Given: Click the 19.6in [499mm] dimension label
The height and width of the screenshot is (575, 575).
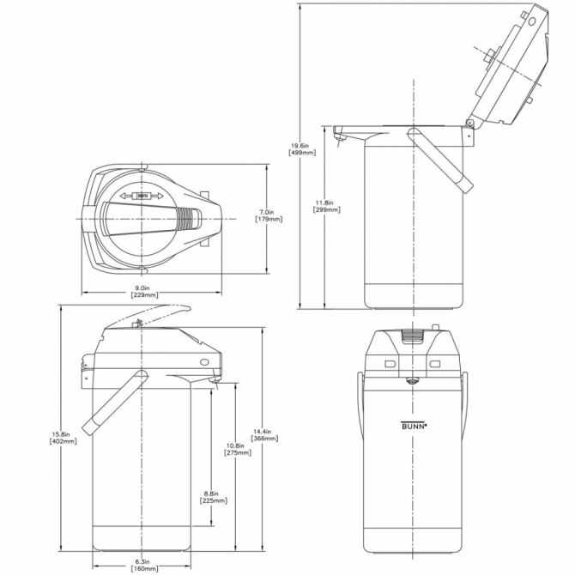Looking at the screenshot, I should click(303, 148).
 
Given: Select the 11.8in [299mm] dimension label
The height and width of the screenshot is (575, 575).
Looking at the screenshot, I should click(325, 206).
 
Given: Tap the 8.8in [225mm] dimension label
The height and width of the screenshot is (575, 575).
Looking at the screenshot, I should click(215, 496).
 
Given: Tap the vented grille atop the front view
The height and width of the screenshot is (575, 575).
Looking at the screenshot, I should click(415, 336).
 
